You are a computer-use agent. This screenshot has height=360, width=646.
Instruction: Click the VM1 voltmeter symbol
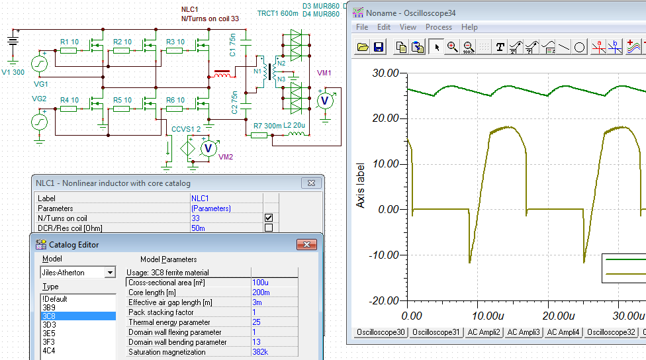(x=324, y=101)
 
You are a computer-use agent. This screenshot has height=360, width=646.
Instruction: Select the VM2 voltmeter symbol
(x=208, y=148)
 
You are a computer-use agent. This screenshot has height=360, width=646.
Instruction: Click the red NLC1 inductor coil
(x=222, y=73)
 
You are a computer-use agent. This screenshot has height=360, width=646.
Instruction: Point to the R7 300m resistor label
(x=267, y=126)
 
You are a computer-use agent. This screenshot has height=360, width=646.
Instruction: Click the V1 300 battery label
(x=13, y=72)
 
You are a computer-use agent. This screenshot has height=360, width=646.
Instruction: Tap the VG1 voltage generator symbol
(x=40, y=64)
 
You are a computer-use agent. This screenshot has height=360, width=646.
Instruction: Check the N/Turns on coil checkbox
(x=269, y=218)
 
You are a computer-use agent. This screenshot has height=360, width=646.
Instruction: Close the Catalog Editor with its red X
(x=306, y=245)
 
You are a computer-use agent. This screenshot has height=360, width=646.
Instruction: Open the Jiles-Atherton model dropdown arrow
(x=110, y=273)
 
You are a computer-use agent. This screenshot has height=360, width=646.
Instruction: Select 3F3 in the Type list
(x=48, y=342)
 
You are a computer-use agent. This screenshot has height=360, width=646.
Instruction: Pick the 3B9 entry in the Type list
(x=48, y=307)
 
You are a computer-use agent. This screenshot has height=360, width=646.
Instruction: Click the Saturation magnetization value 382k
(x=260, y=352)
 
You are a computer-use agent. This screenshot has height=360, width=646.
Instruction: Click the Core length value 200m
(x=261, y=292)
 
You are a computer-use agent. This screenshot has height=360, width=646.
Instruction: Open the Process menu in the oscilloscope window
(x=438, y=27)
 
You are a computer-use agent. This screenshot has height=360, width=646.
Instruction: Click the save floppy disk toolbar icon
(x=378, y=47)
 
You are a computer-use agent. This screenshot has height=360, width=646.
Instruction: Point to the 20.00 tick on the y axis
(x=386, y=118)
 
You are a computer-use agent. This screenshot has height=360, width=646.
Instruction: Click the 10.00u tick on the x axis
(x=488, y=316)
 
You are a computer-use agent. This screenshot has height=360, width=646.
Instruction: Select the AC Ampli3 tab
(x=524, y=332)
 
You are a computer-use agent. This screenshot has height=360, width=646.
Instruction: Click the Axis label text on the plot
(x=360, y=185)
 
